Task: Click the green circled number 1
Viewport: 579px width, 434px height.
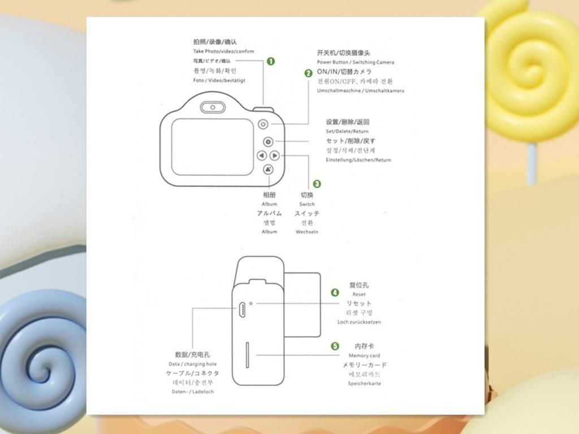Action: (x=271, y=61)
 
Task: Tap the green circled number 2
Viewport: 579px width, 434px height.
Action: (x=309, y=73)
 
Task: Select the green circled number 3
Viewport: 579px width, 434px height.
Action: (x=317, y=184)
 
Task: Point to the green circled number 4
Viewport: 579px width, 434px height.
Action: (x=335, y=292)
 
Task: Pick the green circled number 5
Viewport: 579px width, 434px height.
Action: (x=335, y=346)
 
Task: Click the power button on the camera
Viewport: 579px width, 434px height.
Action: (x=264, y=124)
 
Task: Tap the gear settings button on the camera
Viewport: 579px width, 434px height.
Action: (x=268, y=142)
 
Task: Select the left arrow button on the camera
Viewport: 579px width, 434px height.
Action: (x=261, y=155)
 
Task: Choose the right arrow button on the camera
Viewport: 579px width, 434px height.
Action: (x=274, y=155)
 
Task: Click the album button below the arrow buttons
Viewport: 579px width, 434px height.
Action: (x=269, y=168)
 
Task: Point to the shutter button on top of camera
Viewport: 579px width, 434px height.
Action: (x=263, y=108)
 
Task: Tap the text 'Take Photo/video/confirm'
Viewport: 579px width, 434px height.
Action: (x=223, y=51)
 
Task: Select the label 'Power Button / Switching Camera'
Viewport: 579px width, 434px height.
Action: (x=355, y=62)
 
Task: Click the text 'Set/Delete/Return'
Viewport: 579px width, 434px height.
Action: (x=347, y=131)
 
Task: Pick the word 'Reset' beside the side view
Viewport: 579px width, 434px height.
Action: (x=359, y=294)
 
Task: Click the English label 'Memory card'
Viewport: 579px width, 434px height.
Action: (x=364, y=355)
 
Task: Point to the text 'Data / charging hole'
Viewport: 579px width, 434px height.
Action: (x=192, y=364)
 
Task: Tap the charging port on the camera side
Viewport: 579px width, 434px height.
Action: (x=241, y=309)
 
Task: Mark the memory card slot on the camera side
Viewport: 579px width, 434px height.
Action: (x=247, y=355)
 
